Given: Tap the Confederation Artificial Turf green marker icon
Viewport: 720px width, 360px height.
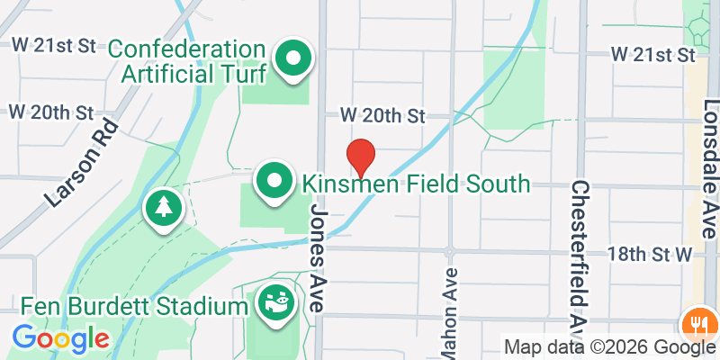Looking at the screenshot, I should coord(293,59).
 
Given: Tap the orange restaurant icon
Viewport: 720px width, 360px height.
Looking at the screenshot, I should coord(697,321).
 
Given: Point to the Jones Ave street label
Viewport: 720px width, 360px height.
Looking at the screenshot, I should coord(322,256).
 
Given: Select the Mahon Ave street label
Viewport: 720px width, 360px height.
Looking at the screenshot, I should coord(449,306).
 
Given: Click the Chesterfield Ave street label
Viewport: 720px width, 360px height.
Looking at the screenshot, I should coord(580,256).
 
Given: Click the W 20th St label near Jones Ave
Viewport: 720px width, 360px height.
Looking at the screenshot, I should coord(382,116).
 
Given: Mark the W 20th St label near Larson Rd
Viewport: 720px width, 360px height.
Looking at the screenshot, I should coord(50,112).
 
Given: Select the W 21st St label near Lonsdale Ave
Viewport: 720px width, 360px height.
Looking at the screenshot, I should coord(653,55).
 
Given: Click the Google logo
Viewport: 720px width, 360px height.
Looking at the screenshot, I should coord(60,338).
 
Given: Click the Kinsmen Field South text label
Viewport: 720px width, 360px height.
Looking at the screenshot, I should coord(416,184).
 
